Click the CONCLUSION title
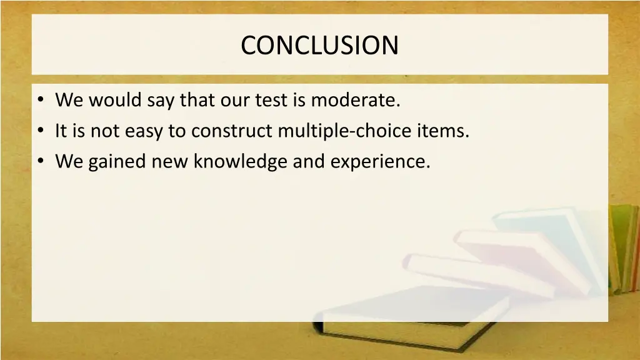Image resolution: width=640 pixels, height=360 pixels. (x=319, y=46)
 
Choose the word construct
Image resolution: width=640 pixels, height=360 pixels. (x=232, y=131)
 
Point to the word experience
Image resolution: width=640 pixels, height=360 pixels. (x=380, y=162)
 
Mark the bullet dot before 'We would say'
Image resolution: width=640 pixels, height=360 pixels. (x=41, y=101)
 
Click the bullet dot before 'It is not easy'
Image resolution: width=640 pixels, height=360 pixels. (x=41, y=132)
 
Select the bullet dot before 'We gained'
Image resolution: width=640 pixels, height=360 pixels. (x=41, y=162)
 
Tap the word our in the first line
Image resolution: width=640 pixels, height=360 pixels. (x=234, y=100)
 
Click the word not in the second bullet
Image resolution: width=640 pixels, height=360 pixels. (x=100, y=131)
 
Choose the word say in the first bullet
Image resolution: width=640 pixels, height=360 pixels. (x=161, y=100)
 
